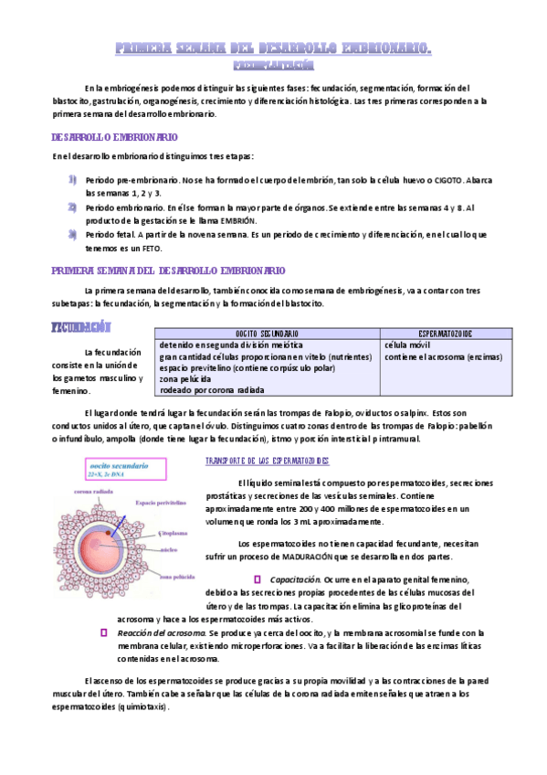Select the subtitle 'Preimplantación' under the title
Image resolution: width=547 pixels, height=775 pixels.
[274, 65]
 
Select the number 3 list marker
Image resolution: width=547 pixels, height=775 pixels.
[72, 235]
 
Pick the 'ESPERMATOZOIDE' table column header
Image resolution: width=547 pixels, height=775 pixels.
[445, 334]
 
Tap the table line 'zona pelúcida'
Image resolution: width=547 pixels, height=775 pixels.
[184, 378]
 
